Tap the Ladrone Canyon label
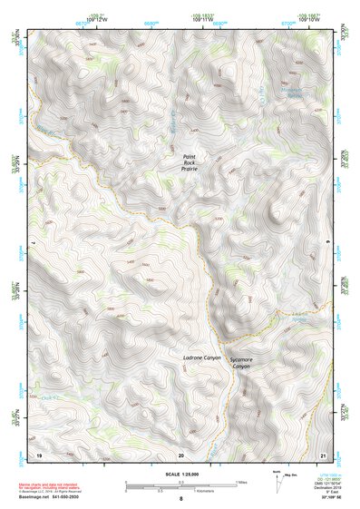point(202,359)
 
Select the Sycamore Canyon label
point(240,362)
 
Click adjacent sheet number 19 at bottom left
point(39,453)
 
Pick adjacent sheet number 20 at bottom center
point(181,453)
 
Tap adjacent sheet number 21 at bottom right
point(323,453)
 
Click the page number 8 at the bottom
point(181,499)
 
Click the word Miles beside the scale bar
point(241,482)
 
